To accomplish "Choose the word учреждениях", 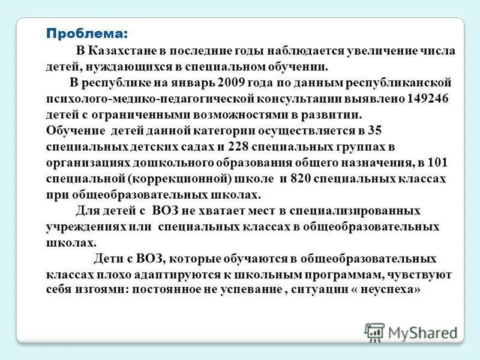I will click(x=87, y=227).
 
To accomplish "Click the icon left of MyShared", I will click(x=374, y=332).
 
